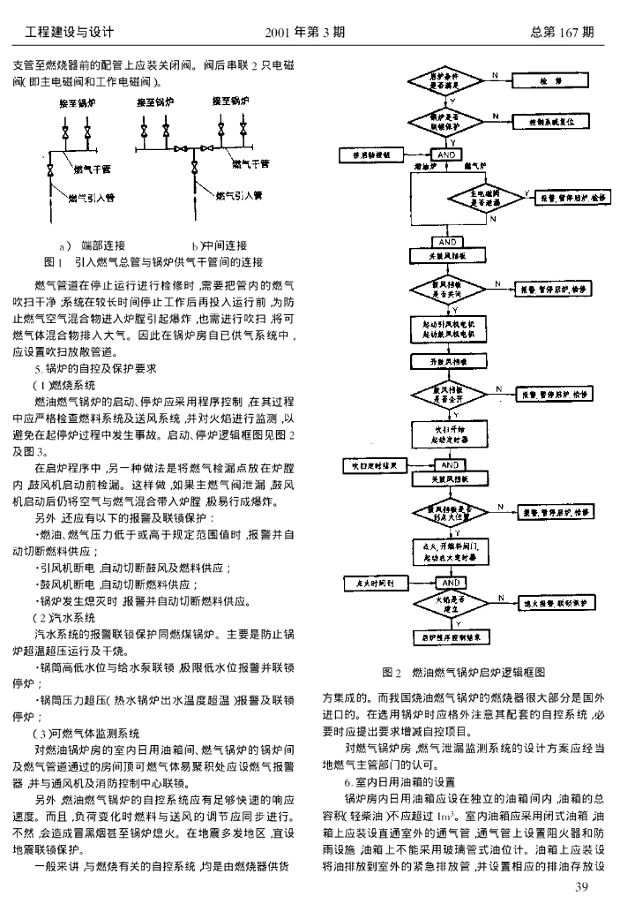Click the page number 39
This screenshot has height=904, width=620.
click(580, 885)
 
